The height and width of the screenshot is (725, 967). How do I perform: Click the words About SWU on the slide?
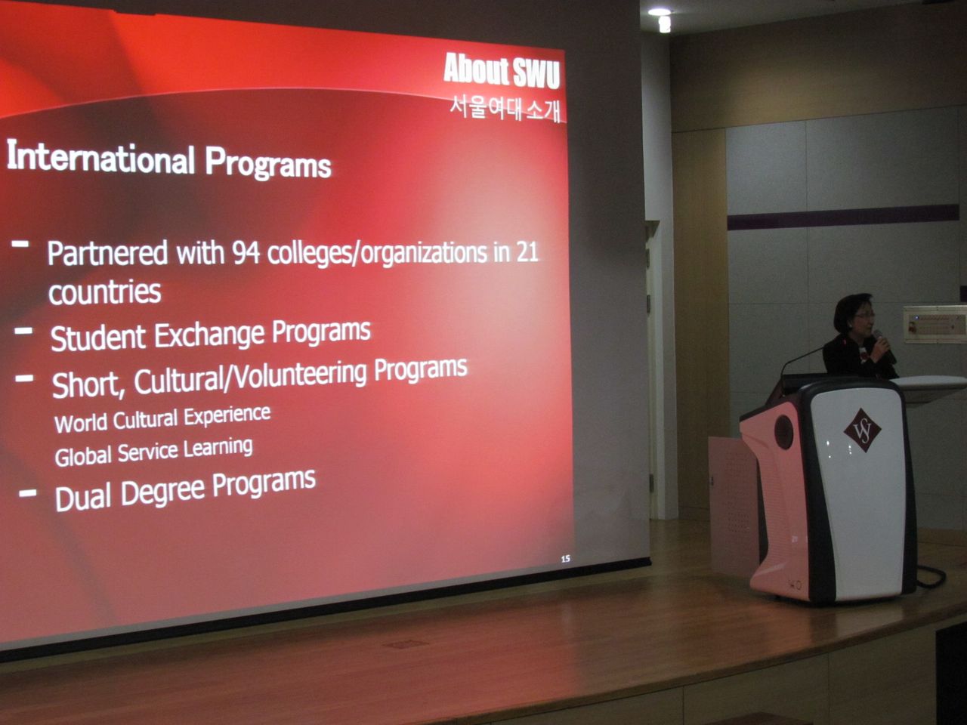pyautogui.click(x=502, y=70)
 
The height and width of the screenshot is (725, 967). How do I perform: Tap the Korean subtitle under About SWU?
pyautogui.click(x=505, y=108)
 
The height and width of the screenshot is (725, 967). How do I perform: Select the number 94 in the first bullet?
pyautogui.click(x=246, y=253)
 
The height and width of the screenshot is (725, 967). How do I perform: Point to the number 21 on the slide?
pyautogui.click(x=527, y=251)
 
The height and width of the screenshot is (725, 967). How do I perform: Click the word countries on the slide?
pyautogui.click(x=105, y=292)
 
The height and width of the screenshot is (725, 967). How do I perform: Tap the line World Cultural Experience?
pyautogui.click(x=162, y=419)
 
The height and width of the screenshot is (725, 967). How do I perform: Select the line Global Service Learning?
pyautogui.click(x=154, y=452)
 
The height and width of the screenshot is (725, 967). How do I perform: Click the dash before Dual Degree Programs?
pyautogui.click(x=28, y=493)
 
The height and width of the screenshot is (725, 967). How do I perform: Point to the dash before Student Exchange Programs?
pyautogui.click(x=23, y=331)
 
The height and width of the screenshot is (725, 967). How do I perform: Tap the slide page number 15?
pyautogui.click(x=566, y=559)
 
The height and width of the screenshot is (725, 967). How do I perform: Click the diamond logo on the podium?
pyautogui.click(x=862, y=430)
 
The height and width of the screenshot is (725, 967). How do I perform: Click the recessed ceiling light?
pyautogui.click(x=660, y=12)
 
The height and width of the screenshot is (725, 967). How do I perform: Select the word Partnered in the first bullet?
pyautogui.click(x=107, y=254)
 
